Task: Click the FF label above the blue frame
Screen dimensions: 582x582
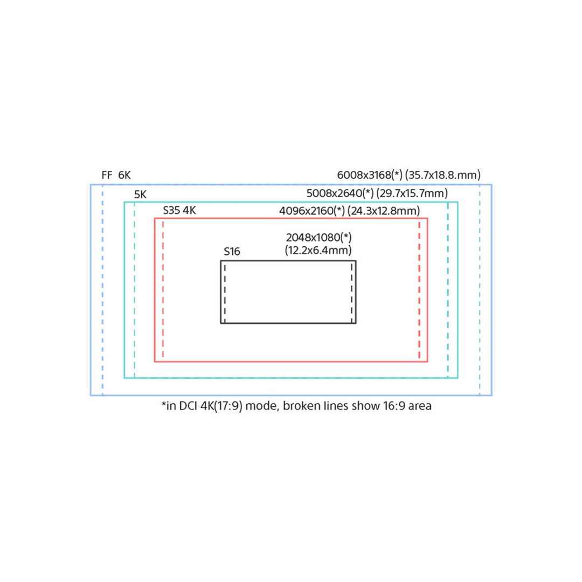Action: (x=107, y=175)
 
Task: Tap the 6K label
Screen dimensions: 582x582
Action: (x=124, y=175)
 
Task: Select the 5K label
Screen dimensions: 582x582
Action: (x=140, y=195)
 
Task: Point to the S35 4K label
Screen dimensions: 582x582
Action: (x=179, y=211)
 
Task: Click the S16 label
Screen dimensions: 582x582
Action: (x=232, y=252)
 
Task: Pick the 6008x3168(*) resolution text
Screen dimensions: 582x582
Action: (x=370, y=175)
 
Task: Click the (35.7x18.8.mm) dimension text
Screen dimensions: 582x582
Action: (x=443, y=175)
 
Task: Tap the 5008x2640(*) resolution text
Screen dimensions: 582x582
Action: (x=340, y=193)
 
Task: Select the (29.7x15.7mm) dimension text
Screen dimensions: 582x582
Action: (x=412, y=193)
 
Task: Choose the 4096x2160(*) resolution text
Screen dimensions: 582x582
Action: (x=312, y=211)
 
